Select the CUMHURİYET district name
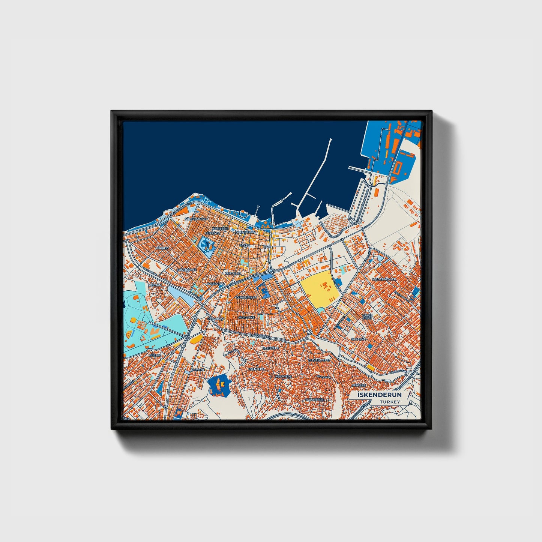coord(186,270)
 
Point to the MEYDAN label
coord(155,285)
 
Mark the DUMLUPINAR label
coord(246,297)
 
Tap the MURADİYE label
coord(246,317)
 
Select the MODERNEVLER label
coord(384,279)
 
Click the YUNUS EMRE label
coord(367,317)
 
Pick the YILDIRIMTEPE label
coord(318,360)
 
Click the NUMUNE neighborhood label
coord(198,370)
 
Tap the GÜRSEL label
coord(155,355)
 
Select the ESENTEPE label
coord(257,369)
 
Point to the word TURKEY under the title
coord(390,402)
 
